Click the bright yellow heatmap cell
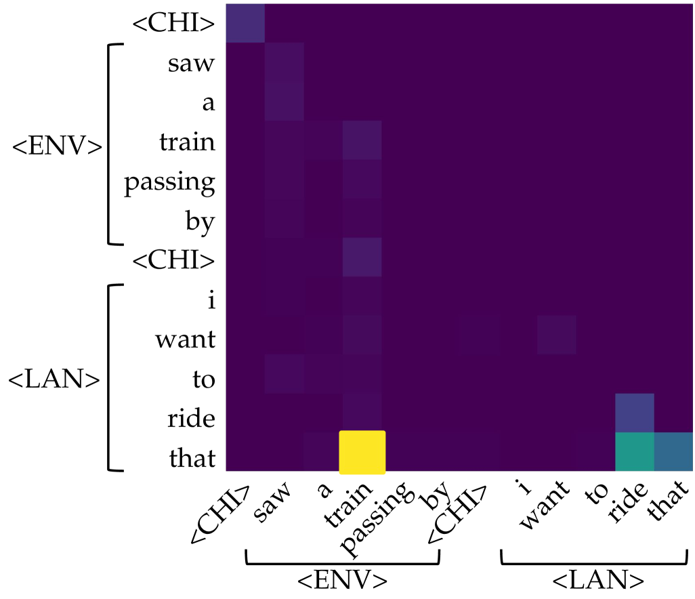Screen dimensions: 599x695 tap(362, 452)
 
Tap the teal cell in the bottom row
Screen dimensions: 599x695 tap(635, 452)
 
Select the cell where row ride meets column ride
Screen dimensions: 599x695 tap(635, 413)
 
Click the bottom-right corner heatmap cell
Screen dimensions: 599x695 tap(674, 452)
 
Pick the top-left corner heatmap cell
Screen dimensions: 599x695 tap(245, 23)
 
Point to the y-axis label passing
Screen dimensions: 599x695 tap(169, 184)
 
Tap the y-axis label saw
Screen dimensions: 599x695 tap(192, 64)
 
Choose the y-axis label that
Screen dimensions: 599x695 tap(192, 459)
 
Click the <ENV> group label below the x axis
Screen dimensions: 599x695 tap(343, 581)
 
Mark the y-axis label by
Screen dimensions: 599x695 tap(202, 222)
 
